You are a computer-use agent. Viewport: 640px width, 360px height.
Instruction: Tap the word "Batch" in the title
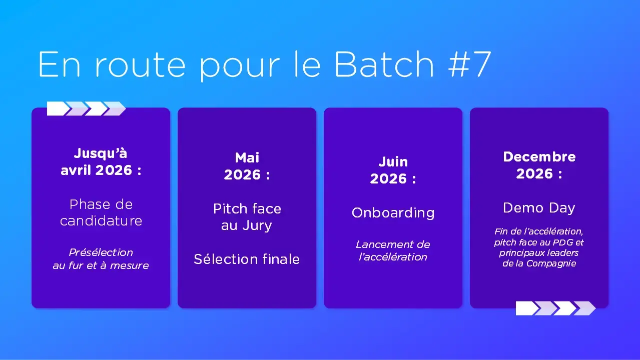coord(384,64)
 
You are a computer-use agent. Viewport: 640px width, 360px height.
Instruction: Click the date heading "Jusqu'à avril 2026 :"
coord(101,161)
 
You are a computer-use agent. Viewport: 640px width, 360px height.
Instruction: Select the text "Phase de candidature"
coord(101,212)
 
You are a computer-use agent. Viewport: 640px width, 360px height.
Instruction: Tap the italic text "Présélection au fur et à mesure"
coord(101,259)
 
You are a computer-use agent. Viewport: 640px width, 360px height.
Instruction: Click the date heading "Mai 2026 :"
coord(247,166)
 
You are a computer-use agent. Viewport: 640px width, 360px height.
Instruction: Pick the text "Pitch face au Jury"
coord(247,217)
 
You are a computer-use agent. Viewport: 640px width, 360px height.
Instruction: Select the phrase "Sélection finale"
coord(247,259)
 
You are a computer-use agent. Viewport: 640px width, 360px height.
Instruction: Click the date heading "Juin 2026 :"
coord(393,170)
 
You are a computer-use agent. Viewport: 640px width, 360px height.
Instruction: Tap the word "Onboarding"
coord(393,212)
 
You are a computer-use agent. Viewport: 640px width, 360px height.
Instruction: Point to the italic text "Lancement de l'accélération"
coord(393,251)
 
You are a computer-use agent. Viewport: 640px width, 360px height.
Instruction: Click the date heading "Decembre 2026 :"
coord(539,165)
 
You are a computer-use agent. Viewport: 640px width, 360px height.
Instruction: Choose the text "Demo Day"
coord(539,208)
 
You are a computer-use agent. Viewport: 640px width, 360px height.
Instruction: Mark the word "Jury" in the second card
coord(257,226)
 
